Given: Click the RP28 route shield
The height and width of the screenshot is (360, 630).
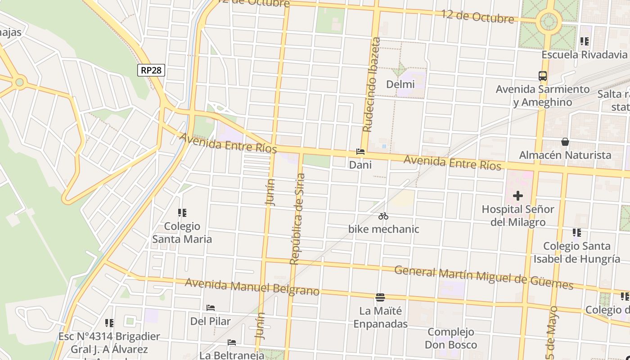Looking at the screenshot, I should pyautogui.click(x=151, y=70).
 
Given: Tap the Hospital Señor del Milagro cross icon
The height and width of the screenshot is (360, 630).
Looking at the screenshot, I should pyautogui.click(x=518, y=196).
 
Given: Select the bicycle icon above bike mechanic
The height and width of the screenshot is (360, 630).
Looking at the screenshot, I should pyautogui.click(x=383, y=216).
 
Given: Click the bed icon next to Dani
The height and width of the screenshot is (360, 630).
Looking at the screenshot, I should pyautogui.click(x=360, y=152).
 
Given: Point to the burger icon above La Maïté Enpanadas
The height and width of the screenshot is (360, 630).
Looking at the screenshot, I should pyautogui.click(x=380, y=297).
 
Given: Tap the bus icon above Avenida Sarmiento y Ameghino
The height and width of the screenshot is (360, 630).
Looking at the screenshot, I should pyautogui.click(x=543, y=76).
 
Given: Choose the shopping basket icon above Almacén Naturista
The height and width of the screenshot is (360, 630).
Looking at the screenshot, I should pyautogui.click(x=565, y=142).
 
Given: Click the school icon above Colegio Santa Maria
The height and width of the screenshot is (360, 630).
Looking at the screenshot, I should pyautogui.click(x=182, y=212).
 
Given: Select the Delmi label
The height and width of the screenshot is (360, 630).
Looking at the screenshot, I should pyautogui.click(x=400, y=84).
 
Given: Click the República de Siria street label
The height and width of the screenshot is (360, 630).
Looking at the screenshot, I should pyautogui.click(x=297, y=219).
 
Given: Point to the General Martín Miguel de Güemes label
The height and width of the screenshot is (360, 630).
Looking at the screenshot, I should pyautogui.click(x=484, y=278).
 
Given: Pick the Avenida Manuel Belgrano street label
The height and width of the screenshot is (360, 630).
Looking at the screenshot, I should pyautogui.click(x=252, y=287).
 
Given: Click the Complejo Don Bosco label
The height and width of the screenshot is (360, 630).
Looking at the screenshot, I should pyautogui.click(x=451, y=338).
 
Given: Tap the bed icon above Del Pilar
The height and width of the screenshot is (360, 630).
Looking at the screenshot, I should pyautogui.click(x=211, y=308).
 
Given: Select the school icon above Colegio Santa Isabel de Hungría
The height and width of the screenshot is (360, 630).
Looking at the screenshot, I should pyautogui.click(x=577, y=233).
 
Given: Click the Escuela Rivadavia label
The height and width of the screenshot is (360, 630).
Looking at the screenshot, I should pyautogui.click(x=584, y=55).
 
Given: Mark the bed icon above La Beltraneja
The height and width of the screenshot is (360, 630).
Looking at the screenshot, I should pyautogui.click(x=232, y=342).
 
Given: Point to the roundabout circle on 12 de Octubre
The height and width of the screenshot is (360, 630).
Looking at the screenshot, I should pyautogui.click(x=549, y=21).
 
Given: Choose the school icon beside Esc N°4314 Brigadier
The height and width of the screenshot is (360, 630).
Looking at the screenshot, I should pyautogui.click(x=109, y=323).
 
